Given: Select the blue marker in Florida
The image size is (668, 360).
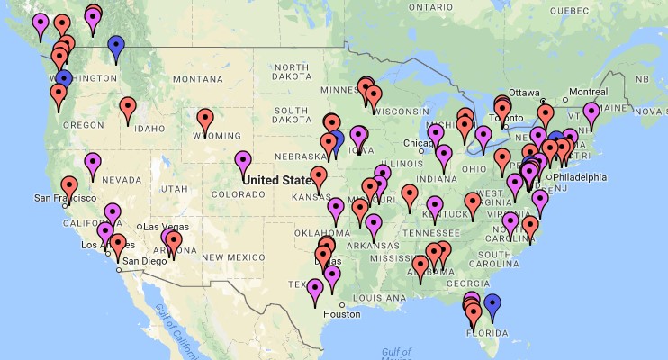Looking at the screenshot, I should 492,304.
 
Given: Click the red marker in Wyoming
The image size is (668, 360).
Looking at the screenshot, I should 205,119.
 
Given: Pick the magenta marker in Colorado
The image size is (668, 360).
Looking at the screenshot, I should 242,162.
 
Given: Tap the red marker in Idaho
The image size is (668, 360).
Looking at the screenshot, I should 128,107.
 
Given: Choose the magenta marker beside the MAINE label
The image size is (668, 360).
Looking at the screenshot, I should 591,113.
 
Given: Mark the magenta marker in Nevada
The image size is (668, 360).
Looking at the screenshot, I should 92,165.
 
